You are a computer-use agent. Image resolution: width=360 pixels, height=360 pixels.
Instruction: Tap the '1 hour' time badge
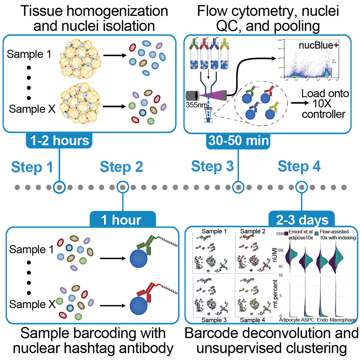(x=123, y=219)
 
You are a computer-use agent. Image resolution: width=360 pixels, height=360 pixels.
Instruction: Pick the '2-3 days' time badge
(x=301, y=219)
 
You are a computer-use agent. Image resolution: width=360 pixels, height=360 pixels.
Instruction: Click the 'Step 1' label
(x=32, y=167)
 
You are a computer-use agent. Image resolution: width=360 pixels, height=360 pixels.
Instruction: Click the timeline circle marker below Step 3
(x=238, y=188)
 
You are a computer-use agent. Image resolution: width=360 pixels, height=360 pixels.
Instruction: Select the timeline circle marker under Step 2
(x=123, y=188)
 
